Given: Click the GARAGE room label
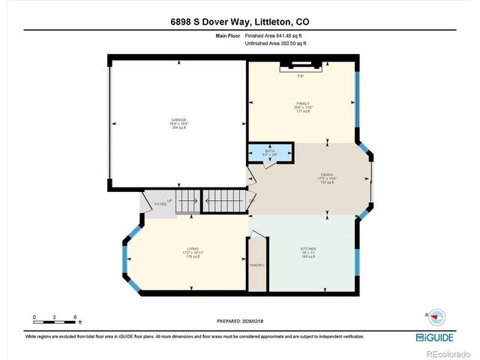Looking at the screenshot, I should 179,120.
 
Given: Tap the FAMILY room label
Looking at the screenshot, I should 303,103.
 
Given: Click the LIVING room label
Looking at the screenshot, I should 192,248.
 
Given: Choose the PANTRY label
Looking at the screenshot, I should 256,265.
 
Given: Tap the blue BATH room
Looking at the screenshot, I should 270,152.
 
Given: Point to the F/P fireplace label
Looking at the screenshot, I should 300,77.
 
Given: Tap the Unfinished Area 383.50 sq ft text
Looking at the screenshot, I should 276,43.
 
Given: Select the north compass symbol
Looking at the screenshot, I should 436,316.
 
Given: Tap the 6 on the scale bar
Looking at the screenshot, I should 75,317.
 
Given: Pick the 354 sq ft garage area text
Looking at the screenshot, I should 179,128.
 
